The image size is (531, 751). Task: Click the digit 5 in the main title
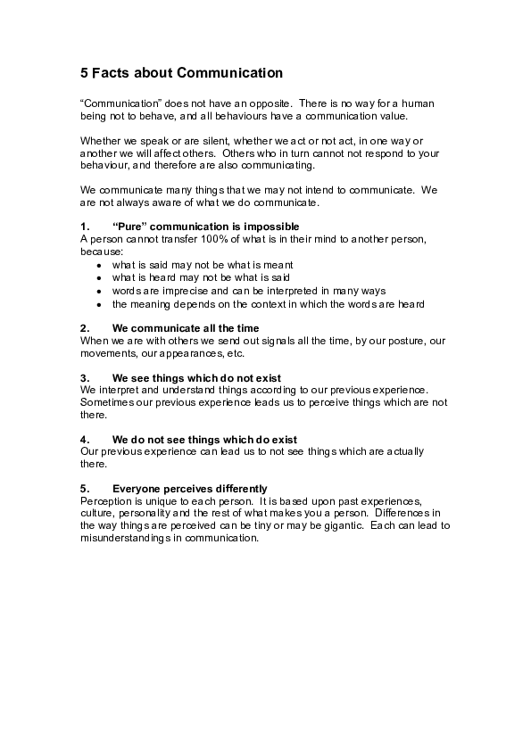(85, 73)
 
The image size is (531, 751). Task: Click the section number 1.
(85, 227)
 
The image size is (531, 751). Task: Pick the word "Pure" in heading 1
(130, 227)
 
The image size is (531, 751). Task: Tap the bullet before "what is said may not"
(98, 266)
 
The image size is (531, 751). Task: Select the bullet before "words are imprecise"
(98, 292)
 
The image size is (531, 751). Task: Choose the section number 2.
(85, 328)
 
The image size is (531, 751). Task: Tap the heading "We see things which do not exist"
(196, 378)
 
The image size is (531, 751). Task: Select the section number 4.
(85, 440)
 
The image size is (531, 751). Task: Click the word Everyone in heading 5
(136, 489)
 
